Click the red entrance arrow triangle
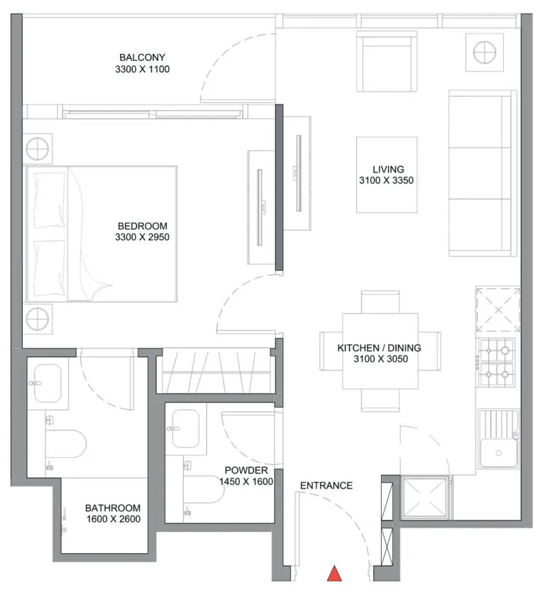334,574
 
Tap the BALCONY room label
142,58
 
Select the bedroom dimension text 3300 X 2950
142,237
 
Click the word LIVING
388,169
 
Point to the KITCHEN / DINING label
379,348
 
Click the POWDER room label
246,470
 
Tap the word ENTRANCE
326,486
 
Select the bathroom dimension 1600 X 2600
114,519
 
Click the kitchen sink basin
498,453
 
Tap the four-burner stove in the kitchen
497,362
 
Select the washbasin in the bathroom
48,383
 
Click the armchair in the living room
387,62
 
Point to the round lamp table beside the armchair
485,52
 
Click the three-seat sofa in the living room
483,173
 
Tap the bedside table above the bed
38,149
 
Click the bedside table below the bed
38,319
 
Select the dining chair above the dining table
380,302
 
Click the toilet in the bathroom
65,444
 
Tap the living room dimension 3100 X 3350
387,180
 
